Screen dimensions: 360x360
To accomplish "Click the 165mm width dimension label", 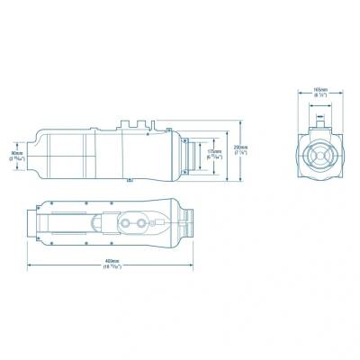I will (x=319, y=92).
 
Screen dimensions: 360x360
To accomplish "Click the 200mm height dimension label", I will (x=240, y=149).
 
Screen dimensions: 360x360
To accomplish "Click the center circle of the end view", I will (x=319, y=155).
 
